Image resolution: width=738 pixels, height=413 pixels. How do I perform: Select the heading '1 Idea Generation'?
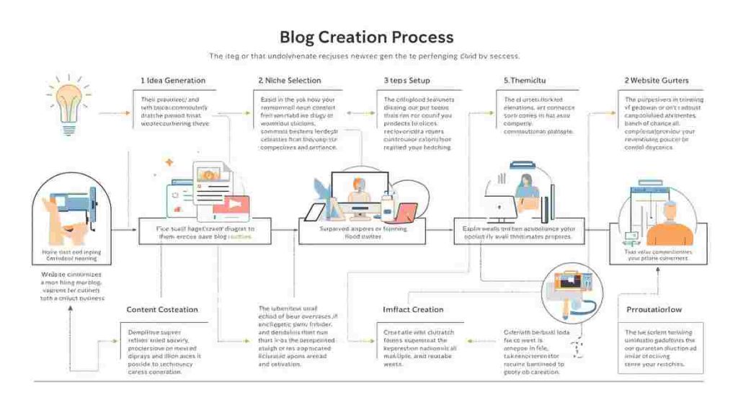click(x=172, y=80)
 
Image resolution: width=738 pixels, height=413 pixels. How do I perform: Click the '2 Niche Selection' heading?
click(x=290, y=80)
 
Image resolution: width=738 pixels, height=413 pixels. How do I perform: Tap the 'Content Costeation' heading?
click(x=162, y=309)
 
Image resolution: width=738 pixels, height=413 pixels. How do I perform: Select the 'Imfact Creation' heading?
click(x=413, y=309)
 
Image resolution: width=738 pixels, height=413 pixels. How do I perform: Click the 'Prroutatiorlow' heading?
click(x=654, y=309)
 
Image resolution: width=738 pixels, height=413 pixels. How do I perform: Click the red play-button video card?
click(x=230, y=207)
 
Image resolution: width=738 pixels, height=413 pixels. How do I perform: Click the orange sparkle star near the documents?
click(x=169, y=163)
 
